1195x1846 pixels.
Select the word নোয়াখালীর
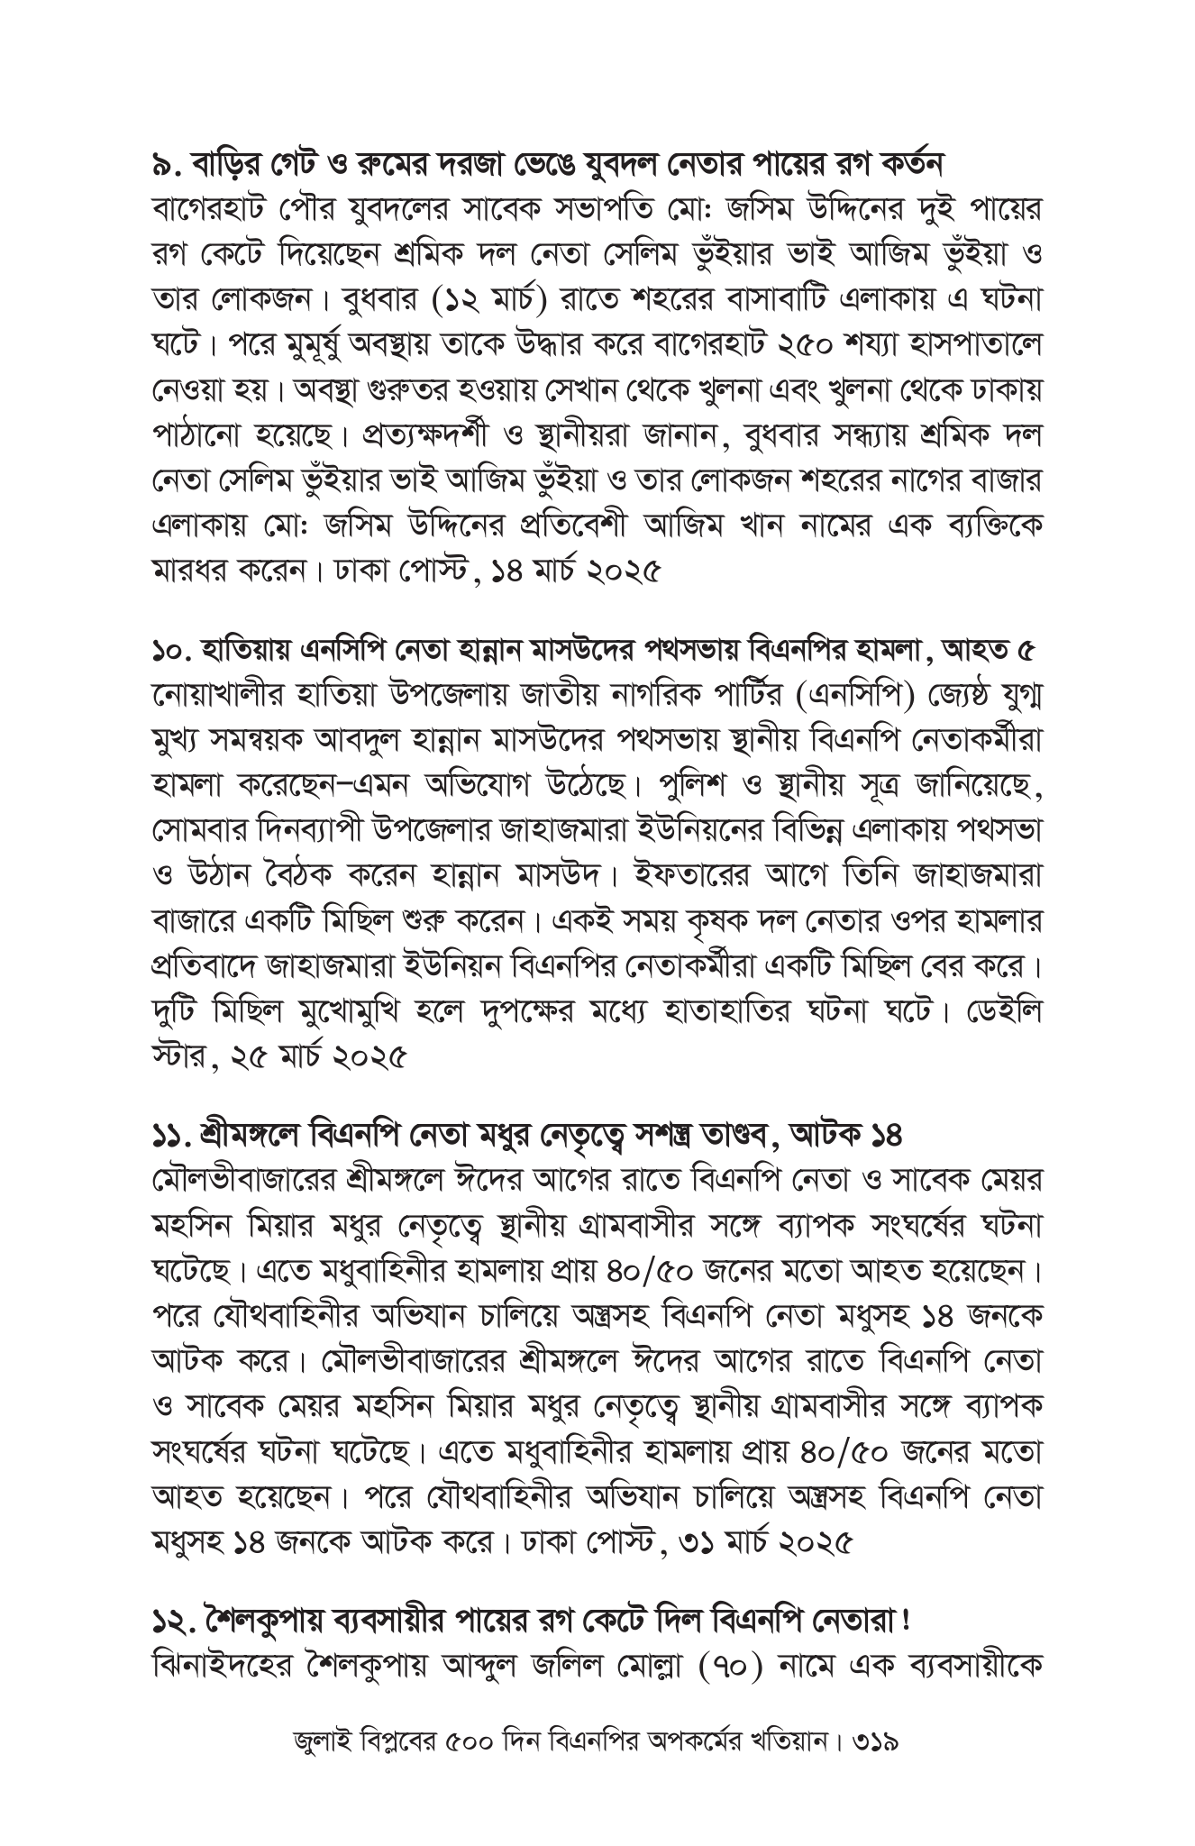(217, 696)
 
